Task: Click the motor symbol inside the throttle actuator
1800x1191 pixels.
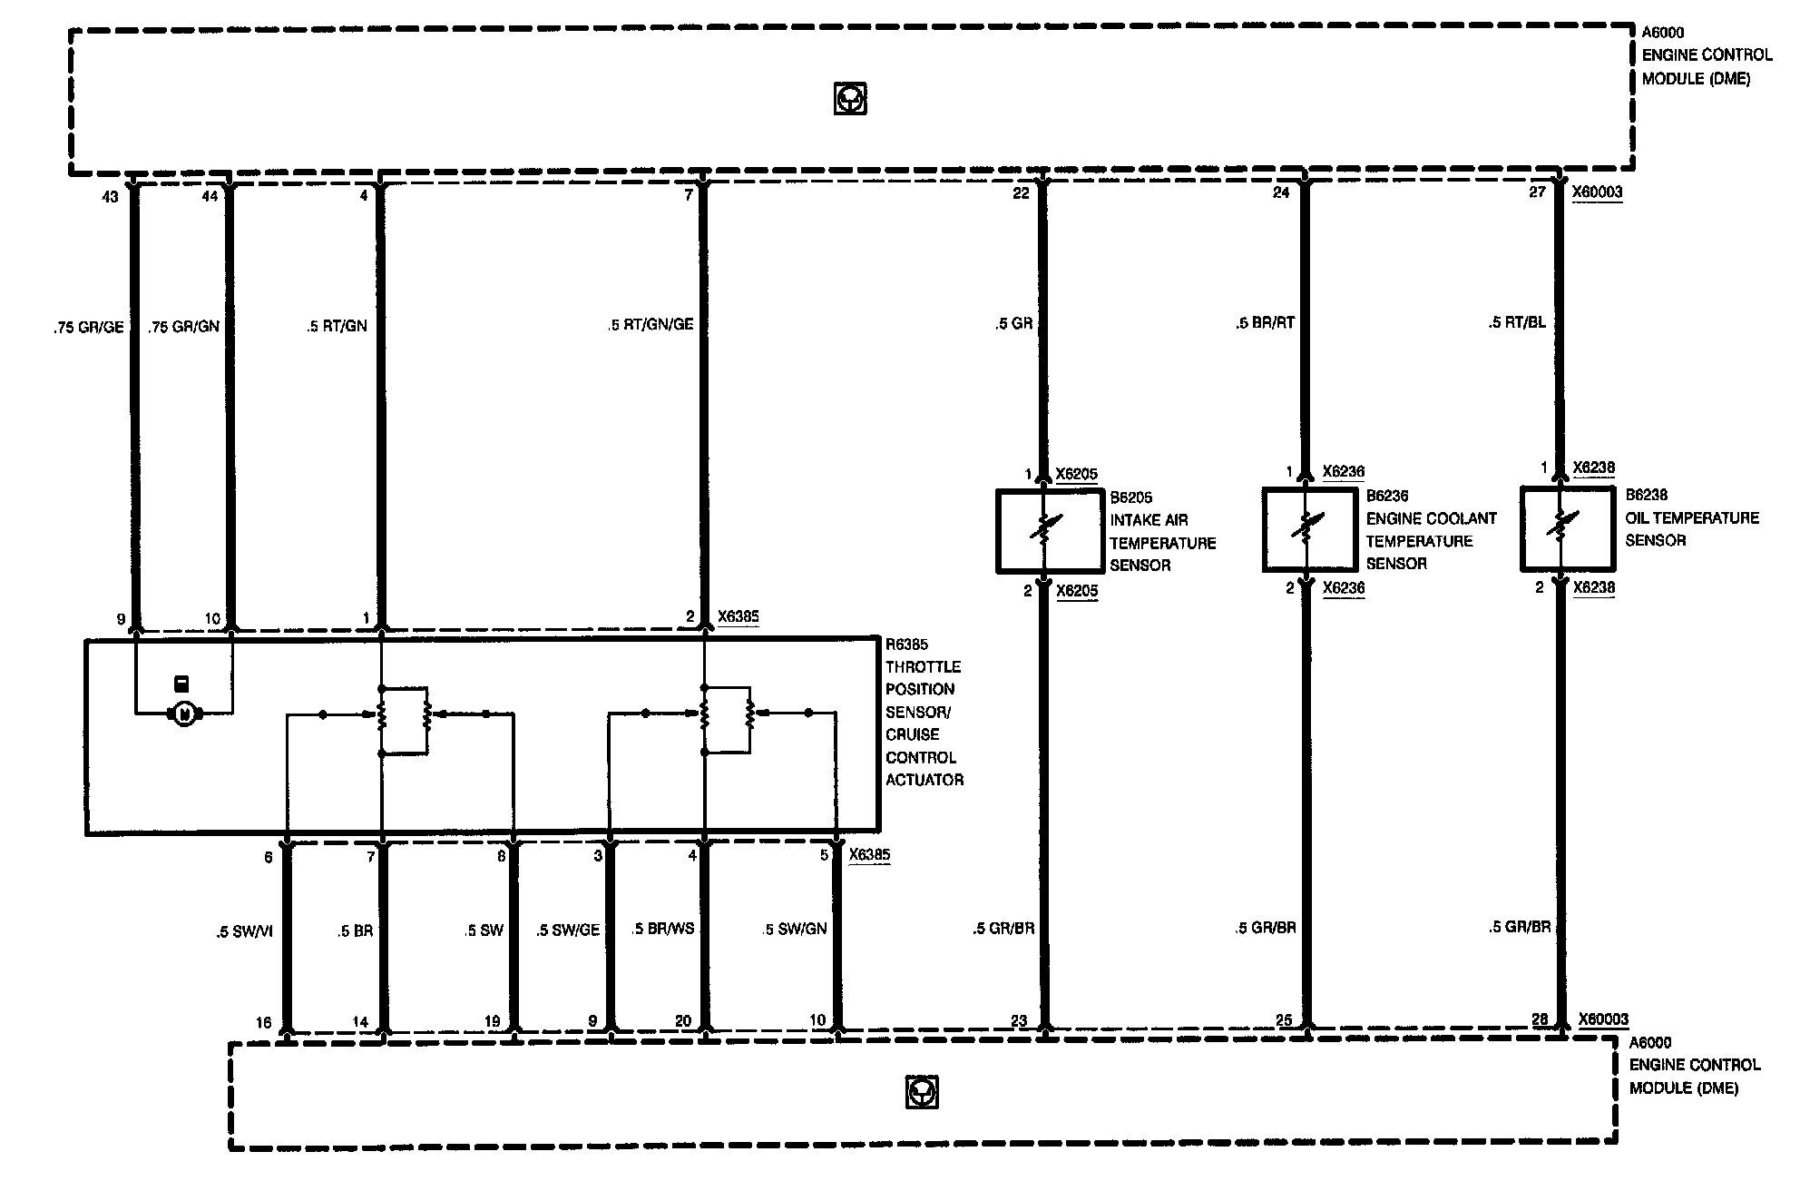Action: [x=184, y=714]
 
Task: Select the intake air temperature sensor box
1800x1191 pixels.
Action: [x=1044, y=531]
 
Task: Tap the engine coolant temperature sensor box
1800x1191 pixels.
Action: [x=1305, y=529]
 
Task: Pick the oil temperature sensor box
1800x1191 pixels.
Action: [x=1560, y=529]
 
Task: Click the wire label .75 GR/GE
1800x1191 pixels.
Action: [x=88, y=328]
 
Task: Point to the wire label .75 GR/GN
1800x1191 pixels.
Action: [x=184, y=327]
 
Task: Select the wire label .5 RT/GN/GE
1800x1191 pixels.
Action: [x=651, y=324]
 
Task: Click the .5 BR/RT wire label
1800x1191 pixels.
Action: [x=1265, y=323]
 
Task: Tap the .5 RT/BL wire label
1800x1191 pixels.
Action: [x=1517, y=322]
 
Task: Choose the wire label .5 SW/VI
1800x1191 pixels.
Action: [x=244, y=931]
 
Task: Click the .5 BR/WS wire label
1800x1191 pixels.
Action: [x=663, y=929]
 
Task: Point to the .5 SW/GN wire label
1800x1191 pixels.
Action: [x=795, y=929]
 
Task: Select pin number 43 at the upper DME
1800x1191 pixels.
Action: [x=111, y=197]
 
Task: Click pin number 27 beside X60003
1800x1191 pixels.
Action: [x=1537, y=192]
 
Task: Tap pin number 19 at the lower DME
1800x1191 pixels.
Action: [x=492, y=1021]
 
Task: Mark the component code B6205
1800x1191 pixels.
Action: [x=1131, y=497]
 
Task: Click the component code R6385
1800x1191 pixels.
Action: [x=906, y=645]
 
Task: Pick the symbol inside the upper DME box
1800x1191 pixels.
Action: [x=850, y=98]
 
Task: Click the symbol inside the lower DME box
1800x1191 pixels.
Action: [x=922, y=1092]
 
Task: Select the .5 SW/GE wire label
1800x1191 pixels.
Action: [x=568, y=930]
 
